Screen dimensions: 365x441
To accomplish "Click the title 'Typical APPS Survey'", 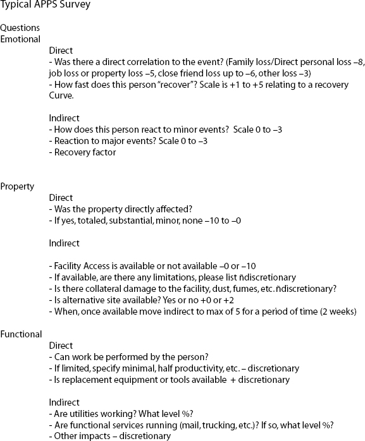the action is tap(45, 6).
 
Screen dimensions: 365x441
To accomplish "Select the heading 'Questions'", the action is tap(20, 28).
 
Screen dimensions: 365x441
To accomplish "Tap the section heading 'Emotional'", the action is tap(20, 39).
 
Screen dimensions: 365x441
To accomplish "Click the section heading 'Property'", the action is tap(17, 186).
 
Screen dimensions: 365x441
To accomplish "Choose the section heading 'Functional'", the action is tap(21, 334).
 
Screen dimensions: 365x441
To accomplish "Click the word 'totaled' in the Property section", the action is tap(94, 220).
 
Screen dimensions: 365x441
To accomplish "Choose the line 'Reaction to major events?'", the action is tap(100, 141).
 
